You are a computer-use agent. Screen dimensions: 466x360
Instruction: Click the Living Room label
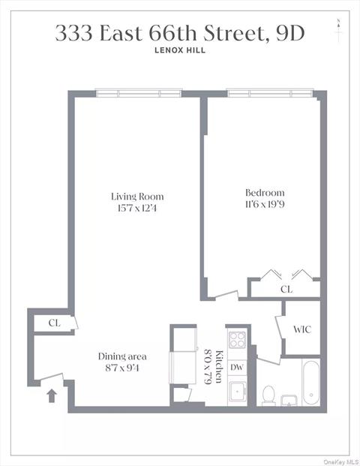point(136,197)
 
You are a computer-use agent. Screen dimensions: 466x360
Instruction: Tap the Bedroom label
point(265,193)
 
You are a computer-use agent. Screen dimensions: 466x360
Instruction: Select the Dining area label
point(122,356)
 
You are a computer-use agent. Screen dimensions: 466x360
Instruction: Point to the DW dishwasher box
point(236,367)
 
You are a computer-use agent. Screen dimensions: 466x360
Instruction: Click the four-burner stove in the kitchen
point(237,340)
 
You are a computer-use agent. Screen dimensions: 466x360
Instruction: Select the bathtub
point(310,383)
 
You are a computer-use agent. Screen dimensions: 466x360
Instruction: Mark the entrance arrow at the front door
point(52,395)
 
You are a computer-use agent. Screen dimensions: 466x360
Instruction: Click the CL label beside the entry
point(54,323)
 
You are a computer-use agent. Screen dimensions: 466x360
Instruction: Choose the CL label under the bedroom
point(286,288)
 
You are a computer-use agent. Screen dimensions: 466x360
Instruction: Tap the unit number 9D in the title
point(288,33)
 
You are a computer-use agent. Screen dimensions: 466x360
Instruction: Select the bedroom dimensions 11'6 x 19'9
point(265,204)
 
